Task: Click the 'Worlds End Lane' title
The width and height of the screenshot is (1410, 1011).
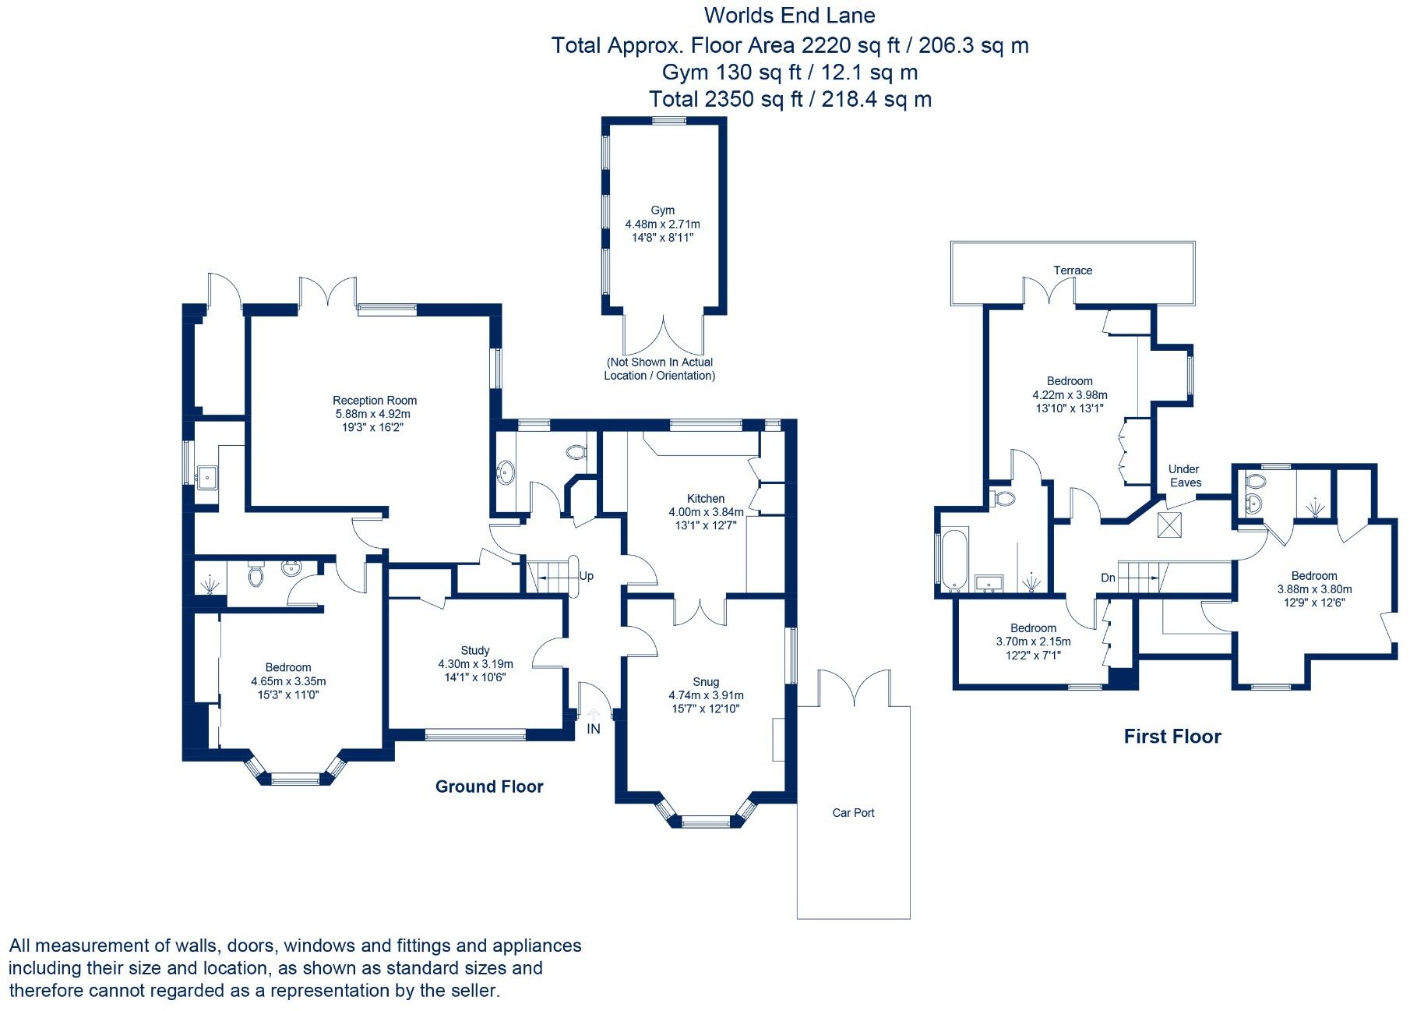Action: (790, 16)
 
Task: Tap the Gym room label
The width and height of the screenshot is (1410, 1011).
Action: (662, 210)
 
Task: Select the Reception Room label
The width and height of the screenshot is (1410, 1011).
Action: (375, 401)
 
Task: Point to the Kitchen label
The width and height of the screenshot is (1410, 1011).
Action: (706, 499)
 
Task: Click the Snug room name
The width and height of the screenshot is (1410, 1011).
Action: (706, 682)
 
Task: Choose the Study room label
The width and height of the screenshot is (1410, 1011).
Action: (475, 651)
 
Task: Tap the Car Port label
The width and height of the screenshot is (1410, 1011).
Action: (853, 812)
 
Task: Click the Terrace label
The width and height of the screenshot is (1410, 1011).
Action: (1073, 270)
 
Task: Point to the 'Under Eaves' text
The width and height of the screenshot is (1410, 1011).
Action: (1184, 475)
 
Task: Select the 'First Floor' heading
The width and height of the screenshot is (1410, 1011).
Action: (1172, 737)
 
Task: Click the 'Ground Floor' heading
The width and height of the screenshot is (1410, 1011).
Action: (489, 787)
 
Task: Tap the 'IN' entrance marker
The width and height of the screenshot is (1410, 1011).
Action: (594, 729)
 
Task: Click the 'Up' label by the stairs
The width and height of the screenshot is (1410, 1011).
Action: (587, 576)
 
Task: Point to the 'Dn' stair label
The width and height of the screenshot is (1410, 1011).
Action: (1109, 578)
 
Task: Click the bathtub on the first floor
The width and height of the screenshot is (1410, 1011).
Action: (954, 560)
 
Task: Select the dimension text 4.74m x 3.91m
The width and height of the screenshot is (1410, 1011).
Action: (706, 695)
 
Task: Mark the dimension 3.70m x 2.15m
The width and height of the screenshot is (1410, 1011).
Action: (1033, 642)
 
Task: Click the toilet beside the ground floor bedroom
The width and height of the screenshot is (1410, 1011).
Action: (256, 575)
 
